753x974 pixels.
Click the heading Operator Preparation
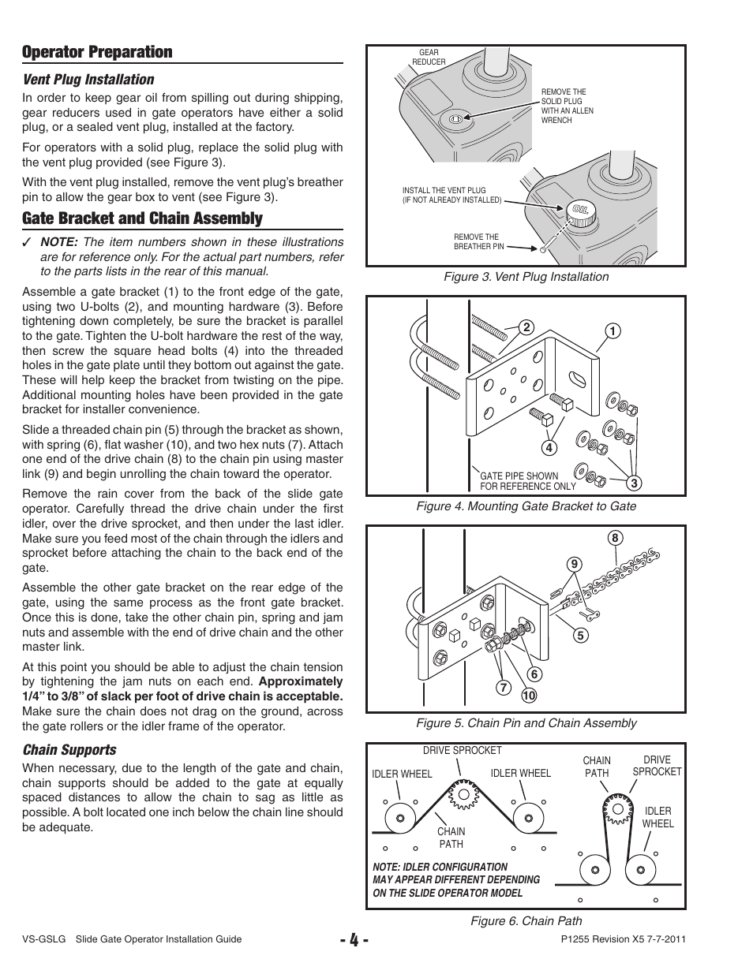pos(97,52)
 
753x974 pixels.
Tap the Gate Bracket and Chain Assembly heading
pos(142,218)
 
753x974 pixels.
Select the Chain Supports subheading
pos(69,750)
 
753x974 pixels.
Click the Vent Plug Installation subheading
pos(88,80)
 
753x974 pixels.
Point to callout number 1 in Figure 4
pos(610,331)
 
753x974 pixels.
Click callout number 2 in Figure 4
pos(522,328)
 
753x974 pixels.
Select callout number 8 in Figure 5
pos(615,539)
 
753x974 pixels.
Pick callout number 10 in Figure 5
pos(528,695)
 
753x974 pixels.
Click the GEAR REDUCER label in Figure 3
pos(429,58)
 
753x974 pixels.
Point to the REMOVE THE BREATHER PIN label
pos(478,241)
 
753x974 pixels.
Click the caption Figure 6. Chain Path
pos(526,921)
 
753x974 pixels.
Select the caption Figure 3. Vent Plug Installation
pos(526,277)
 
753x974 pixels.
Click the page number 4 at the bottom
pos(350,941)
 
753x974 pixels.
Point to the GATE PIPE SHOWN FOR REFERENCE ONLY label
pos(527,481)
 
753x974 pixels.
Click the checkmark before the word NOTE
pos(27,244)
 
